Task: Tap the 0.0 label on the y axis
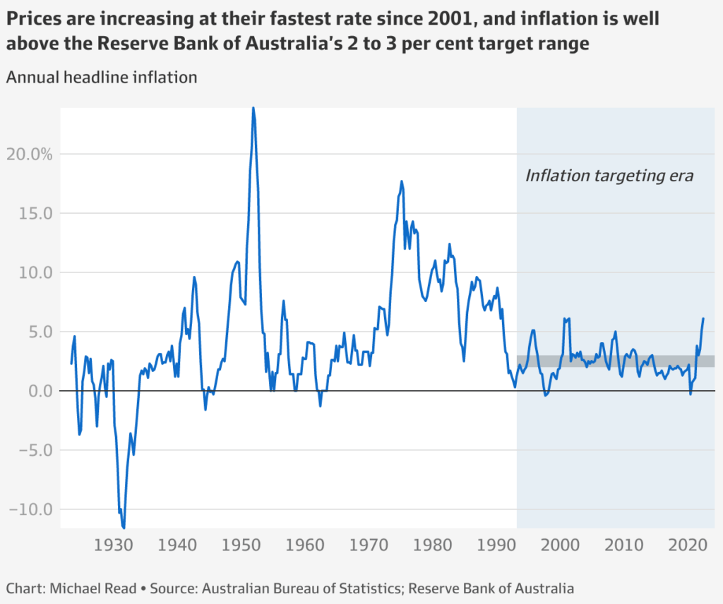coord(40,391)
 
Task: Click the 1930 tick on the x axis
coord(114,545)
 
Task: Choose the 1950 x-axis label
coord(242,545)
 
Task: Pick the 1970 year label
coord(369,545)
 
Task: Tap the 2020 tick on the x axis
coord(688,545)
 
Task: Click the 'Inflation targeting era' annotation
coord(609,176)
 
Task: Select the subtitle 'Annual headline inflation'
coord(102,78)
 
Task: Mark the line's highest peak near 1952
coord(253,107)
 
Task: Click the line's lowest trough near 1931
coord(124,527)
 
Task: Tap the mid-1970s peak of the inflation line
coord(402,181)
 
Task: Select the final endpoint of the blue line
coord(703,318)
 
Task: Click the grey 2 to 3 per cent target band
coord(614,361)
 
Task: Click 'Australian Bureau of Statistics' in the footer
coord(306,588)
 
